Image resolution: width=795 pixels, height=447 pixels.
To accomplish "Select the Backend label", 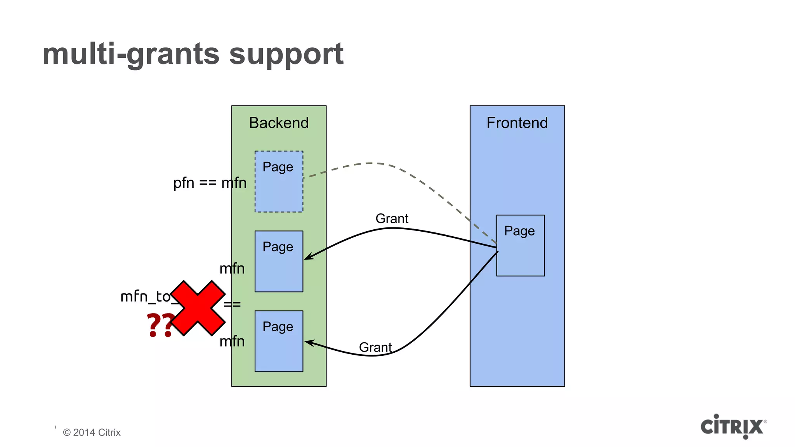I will point(279,123).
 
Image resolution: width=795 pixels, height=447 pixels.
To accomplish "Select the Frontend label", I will point(517,123).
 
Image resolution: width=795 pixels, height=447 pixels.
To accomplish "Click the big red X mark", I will point(198,308).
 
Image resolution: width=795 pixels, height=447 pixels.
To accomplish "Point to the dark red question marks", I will point(160,325).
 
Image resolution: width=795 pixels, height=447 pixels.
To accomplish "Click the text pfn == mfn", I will point(210,183).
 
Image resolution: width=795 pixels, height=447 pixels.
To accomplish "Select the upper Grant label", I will point(392,219).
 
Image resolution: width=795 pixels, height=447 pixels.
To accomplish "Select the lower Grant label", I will point(375,347).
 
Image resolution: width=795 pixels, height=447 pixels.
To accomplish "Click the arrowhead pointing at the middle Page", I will point(308,257).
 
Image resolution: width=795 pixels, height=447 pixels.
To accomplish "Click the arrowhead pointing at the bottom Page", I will point(309,342).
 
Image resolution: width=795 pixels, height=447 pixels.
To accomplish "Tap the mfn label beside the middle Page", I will point(232,269).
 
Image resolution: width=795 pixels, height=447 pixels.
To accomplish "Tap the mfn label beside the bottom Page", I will point(232,341).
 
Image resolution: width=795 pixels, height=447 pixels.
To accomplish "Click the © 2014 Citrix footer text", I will point(92,433).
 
